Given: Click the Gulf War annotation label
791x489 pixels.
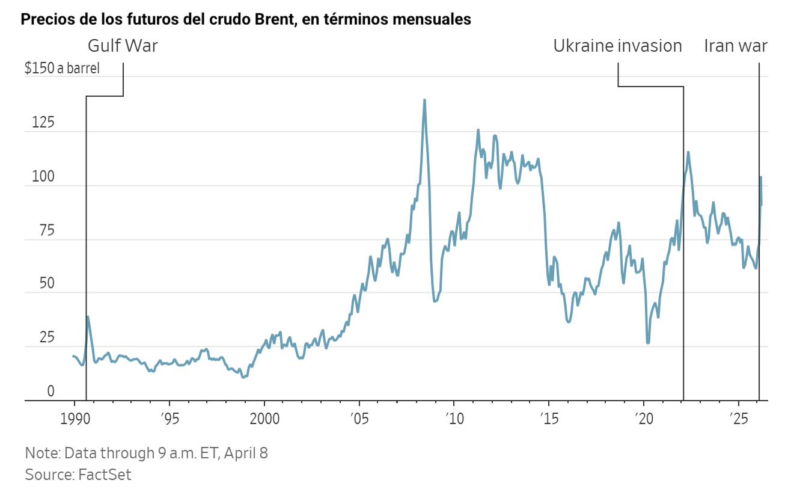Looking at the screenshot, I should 123,46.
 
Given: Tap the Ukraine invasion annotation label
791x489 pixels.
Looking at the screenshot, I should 617,46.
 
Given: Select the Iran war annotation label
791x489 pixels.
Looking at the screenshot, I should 736,46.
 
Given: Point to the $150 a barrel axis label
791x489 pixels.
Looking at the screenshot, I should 62,68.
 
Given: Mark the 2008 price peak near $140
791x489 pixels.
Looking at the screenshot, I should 424,100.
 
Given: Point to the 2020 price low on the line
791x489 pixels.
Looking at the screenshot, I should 648,343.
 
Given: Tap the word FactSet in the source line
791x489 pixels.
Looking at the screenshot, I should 105,474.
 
